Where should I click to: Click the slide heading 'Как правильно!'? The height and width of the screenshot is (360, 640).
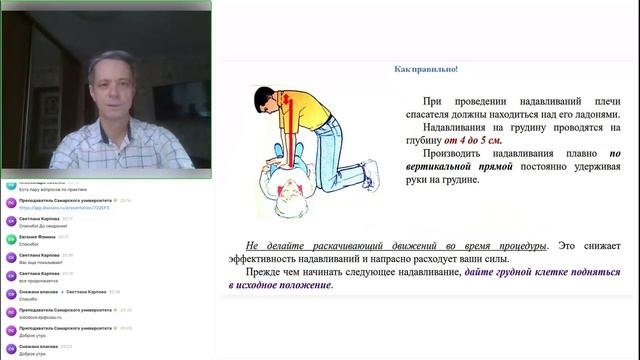(426, 69)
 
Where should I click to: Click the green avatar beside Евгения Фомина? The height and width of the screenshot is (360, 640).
(11, 239)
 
